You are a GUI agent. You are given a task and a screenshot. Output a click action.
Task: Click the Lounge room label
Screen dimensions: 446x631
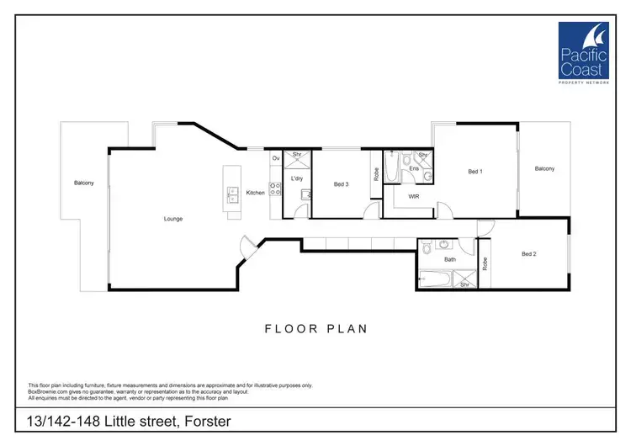(173, 219)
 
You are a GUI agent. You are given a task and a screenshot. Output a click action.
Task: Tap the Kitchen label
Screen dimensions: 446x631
(255, 193)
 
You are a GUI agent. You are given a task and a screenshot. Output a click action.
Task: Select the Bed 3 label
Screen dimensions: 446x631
(341, 184)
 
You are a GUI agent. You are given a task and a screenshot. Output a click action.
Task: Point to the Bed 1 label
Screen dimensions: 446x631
(475, 172)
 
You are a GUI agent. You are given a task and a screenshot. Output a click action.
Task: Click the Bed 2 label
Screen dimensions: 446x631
(528, 254)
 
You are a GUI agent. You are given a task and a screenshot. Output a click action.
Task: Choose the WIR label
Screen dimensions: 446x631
(413, 196)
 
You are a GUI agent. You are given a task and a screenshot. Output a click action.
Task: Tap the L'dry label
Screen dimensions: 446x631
(296, 178)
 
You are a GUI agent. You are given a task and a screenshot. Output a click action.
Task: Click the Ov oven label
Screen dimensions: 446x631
(275, 158)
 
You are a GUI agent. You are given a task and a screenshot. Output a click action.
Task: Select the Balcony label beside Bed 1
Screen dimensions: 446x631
(544, 168)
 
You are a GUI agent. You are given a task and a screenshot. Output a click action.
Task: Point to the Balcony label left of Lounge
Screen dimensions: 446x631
(83, 183)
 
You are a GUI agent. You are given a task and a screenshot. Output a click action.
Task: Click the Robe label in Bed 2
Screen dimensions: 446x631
(485, 263)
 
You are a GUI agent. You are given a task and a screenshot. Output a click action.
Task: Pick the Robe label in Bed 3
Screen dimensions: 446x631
(376, 178)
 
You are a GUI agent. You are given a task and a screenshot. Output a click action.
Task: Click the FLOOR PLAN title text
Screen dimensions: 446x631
(315, 328)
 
